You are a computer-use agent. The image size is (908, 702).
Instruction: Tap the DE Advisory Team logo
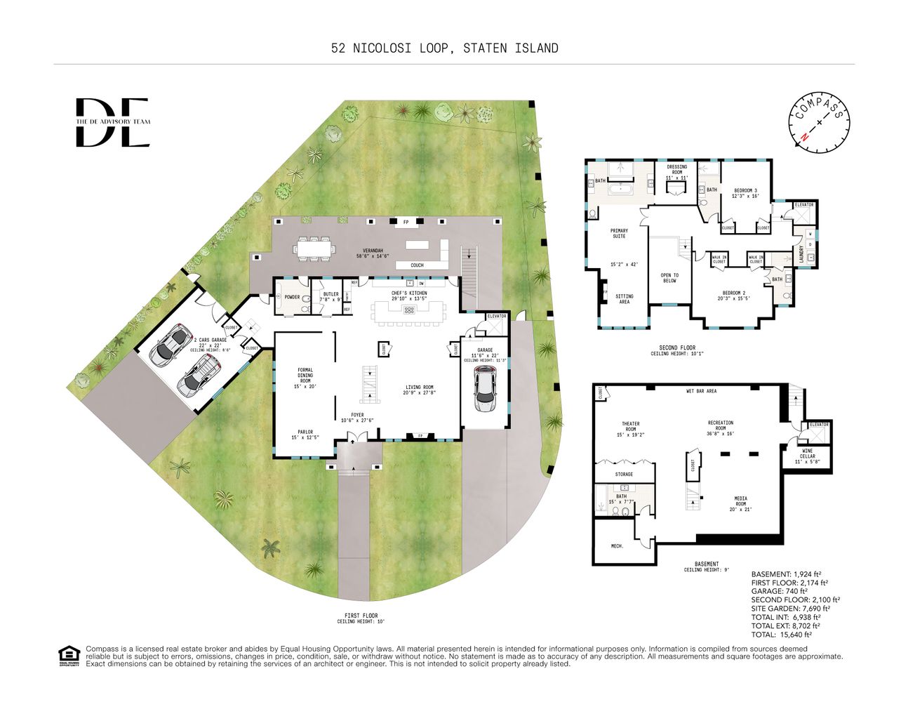pos(112,122)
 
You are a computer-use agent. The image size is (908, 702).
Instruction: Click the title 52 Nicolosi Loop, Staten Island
pos(445,48)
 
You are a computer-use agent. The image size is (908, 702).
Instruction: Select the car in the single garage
pos(485,390)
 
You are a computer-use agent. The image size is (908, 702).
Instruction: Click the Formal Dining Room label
pos(305,378)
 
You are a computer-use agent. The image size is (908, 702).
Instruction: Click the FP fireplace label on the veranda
pos(406,223)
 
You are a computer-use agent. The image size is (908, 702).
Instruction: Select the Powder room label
pos(292,297)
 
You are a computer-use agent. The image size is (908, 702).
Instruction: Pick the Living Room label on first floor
pos(419,390)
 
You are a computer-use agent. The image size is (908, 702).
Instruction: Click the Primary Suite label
pos(618,233)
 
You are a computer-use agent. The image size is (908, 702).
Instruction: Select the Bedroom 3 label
pos(745,193)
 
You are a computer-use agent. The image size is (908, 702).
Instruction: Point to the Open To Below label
pos(669,277)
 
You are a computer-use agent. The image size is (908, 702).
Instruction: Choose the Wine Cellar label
pos(807,458)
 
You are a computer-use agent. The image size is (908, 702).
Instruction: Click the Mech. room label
pos(617,545)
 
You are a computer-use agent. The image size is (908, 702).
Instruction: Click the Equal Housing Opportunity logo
pos(69,656)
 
